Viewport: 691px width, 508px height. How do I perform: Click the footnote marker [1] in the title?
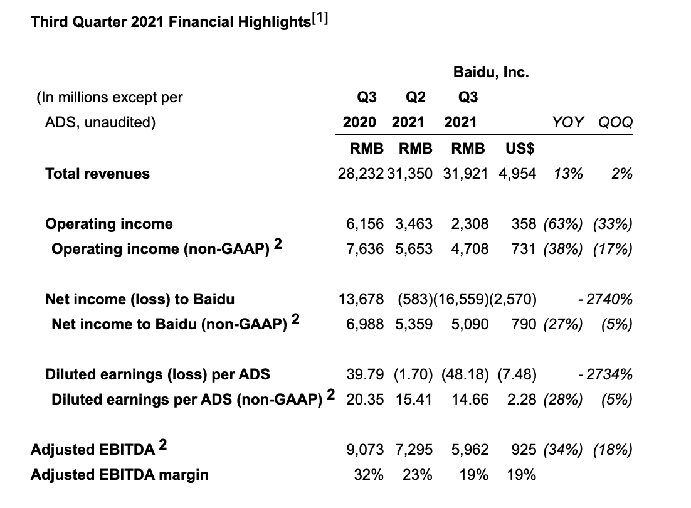[318, 19]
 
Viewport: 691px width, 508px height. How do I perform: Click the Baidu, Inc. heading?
[491, 72]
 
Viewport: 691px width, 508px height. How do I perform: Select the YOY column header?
[569, 122]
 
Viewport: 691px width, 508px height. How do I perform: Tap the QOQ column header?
[615, 122]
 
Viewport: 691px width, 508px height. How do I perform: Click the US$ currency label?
[520, 149]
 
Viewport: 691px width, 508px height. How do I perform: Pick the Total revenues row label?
[97, 174]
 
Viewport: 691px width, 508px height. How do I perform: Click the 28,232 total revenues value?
[361, 174]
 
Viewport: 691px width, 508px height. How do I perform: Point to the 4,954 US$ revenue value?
[517, 174]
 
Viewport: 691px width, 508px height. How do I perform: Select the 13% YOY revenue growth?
[569, 174]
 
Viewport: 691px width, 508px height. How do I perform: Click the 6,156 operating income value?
[364, 224]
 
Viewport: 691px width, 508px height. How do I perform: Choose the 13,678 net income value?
[361, 299]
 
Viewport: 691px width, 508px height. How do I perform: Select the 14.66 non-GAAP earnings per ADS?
[470, 400]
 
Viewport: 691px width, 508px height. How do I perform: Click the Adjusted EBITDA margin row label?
[119, 475]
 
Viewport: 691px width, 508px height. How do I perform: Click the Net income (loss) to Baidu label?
[140, 299]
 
